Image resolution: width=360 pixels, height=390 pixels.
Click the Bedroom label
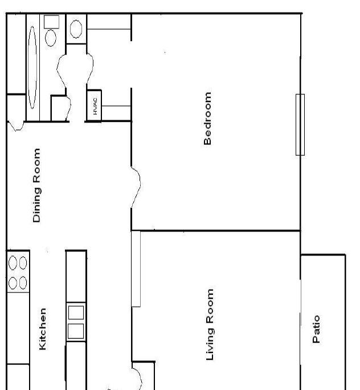click(207, 119)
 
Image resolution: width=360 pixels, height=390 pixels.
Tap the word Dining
click(36, 205)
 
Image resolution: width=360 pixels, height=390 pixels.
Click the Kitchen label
click(43, 329)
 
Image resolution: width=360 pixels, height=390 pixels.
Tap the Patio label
click(316, 329)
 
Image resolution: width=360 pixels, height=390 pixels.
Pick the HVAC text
click(95, 106)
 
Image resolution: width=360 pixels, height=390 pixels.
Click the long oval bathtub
click(32, 67)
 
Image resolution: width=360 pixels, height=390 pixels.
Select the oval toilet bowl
click(51, 38)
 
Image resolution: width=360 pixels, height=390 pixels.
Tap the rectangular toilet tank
click(51, 22)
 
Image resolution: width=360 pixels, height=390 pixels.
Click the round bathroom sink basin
click(76, 29)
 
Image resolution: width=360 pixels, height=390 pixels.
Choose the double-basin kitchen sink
click(76, 322)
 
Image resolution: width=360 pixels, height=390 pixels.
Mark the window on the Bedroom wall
click(300, 125)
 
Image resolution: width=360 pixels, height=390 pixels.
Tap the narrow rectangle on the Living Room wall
click(136, 269)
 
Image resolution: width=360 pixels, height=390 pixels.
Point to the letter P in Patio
click(316, 340)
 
